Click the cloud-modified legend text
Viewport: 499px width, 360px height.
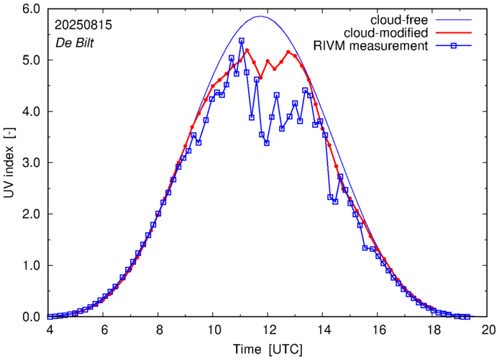(x=386, y=33)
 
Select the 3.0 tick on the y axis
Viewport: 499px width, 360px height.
(x=29, y=163)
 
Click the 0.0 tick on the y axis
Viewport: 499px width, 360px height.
(x=29, y=317)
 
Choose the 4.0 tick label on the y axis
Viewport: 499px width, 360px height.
(x=29, y=112)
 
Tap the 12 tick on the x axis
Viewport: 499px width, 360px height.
(x=269, y=331)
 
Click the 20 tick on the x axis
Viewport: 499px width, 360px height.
(x=488, y=331)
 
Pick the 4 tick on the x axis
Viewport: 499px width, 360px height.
(x=49, y=331)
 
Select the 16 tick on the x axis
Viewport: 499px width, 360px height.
(x=379, y=331)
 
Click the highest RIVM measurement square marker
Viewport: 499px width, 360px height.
(x=242, y=41)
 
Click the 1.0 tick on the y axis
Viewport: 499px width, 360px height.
(x=29, y=266)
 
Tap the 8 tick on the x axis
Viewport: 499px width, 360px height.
(x=159, y=331)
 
